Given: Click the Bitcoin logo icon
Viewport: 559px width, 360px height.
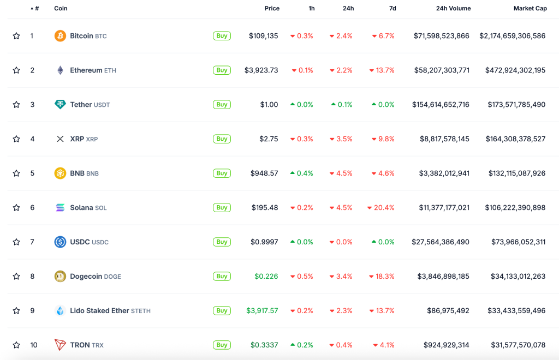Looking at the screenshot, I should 60,36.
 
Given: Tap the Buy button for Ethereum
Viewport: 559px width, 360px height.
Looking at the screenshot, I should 222,70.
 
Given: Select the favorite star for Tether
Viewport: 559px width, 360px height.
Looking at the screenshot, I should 16,105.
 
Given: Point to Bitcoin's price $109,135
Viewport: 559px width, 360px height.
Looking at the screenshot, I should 263,36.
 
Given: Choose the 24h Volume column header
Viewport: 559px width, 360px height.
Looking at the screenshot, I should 453,9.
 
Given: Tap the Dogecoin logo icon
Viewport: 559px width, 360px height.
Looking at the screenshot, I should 60,277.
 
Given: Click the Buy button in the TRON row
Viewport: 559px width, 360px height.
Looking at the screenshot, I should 222,345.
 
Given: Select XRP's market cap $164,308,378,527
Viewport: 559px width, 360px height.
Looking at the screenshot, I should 515,139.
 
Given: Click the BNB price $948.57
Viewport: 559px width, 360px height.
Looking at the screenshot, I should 264,173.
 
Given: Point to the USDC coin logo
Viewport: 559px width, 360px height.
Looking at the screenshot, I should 60,242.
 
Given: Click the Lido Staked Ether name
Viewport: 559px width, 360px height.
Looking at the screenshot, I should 99,311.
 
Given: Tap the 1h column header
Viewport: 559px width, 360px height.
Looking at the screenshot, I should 311,9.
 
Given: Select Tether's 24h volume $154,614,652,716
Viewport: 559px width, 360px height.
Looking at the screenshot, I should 441,105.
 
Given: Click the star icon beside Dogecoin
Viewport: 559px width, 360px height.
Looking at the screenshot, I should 16,277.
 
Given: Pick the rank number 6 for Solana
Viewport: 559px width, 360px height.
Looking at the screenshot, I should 32,208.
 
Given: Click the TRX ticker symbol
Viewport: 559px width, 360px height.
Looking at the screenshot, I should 98,345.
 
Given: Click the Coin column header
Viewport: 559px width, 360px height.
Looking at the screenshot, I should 61,9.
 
